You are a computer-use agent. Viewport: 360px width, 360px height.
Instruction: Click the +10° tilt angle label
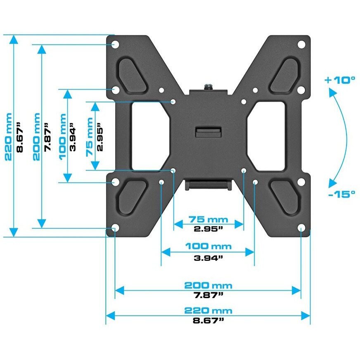(340, 80)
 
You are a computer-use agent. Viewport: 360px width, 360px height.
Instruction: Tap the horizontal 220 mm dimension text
(208, 310)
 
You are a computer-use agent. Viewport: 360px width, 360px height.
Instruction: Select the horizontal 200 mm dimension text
(208, 285)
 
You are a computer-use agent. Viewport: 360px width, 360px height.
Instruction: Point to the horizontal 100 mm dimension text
(208, 246)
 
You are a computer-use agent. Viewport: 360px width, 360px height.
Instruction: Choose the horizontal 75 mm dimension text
(208, 219)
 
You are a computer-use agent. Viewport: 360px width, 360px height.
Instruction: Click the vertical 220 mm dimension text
(8, 136)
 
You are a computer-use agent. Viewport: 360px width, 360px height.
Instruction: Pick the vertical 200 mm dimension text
(36, 136)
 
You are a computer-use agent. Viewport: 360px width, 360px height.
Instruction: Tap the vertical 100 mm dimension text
(62, 136)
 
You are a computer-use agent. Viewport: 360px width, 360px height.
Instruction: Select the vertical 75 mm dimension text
(90, 136)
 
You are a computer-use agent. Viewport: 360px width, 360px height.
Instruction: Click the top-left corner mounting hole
(115, 44)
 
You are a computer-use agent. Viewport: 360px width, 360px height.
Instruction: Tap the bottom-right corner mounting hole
(301, 228)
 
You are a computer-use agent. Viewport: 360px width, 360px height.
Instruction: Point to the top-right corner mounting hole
(301, 44)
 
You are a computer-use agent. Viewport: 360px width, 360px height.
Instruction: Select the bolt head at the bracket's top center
(208, 87)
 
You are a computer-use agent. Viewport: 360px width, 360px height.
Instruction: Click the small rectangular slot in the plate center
(208, 132)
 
